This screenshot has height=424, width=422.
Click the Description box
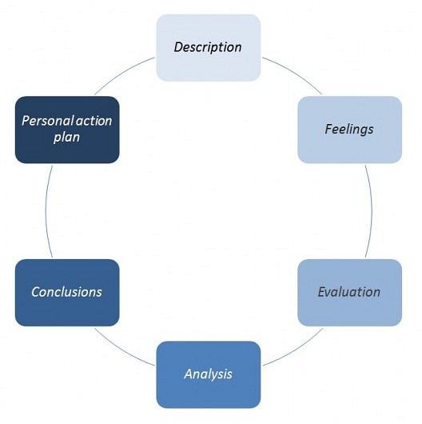click(x=209, y=48)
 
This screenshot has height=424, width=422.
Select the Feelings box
click(x=349, y=130)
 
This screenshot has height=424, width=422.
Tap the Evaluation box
click(x=349, y=293)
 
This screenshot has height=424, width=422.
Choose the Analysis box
click(x=209, y=374)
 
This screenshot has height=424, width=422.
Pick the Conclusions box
click(x=67, y=293)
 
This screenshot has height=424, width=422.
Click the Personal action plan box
click(x=67, y=130)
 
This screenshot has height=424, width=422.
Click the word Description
click(x=208, y=47)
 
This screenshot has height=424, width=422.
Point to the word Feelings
click(x=349, y=130)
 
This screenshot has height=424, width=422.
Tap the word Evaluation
click(x=349, y=292)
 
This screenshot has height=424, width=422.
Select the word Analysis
click(x=208, y=374)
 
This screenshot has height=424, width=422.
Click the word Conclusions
click(x=66, y=292)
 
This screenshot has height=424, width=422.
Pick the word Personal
click(x=48, y=121)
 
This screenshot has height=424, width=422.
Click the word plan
click(x=66, y=138)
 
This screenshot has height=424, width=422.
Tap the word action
click(x=94, y=121)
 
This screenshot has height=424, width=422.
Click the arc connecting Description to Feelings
click(x=294, y=72)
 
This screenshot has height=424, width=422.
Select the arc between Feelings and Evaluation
click(x=372, y=211)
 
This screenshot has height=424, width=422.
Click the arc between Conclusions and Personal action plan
click(x=46, y=211)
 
